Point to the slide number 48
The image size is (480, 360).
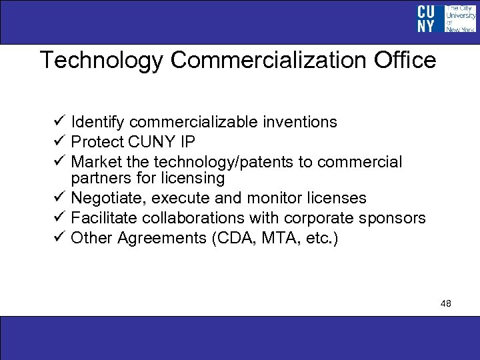446,303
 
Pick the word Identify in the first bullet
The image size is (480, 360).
98,122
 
